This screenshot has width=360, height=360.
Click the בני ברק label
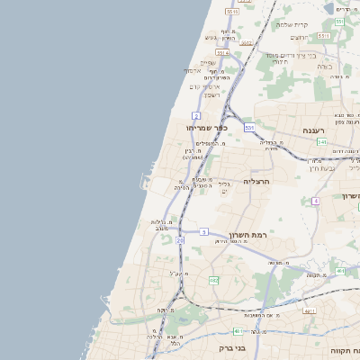tap(232, 347)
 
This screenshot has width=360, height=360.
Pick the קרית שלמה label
tap(292, 24)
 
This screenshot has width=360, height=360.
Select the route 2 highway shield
tap(195, 116)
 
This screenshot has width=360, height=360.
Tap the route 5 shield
tap(204, 232)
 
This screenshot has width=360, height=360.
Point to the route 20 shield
tap(180, 241)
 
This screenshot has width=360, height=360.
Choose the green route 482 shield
tap(213, 281)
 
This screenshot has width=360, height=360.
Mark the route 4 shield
tap(316, 201)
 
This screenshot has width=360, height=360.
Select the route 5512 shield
tap(232, 13)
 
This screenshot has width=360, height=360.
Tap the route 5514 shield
tap(221, 53)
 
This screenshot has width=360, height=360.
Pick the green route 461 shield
tap(238, 331)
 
